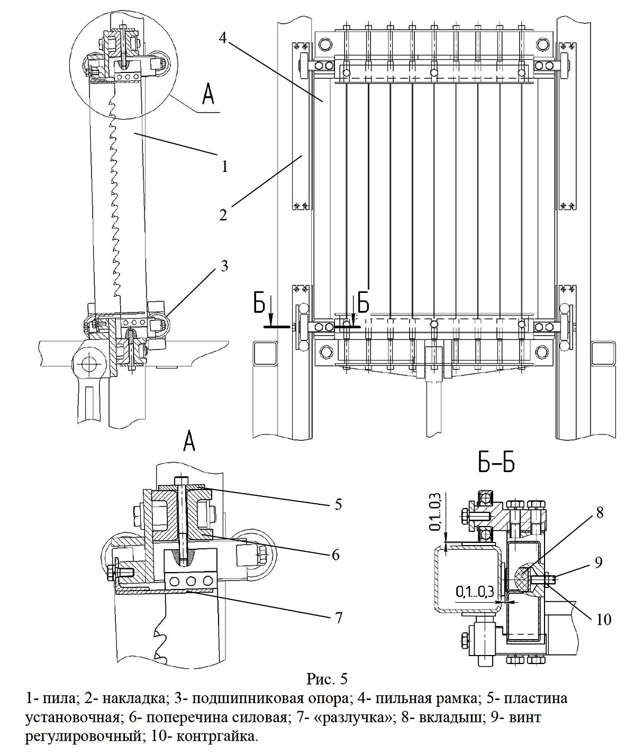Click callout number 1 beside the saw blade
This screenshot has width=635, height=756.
click(225, 166)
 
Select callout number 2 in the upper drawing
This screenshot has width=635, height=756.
click(223, 215)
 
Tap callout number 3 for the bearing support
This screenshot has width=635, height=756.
click(224, 266)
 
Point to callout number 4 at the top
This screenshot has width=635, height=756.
click(223, 38)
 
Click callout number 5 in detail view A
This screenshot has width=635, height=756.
click(338, 504)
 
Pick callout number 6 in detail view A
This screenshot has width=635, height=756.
click(336, 555)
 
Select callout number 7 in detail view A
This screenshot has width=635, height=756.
click(338, 617)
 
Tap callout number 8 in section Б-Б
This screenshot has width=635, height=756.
click(600, 512)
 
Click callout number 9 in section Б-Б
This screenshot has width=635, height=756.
click(598, 562)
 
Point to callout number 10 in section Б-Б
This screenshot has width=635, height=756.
click(604, 620)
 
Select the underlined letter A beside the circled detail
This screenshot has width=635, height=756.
click(208, 94)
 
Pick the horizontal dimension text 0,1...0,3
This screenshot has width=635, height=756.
click(475, 592)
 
